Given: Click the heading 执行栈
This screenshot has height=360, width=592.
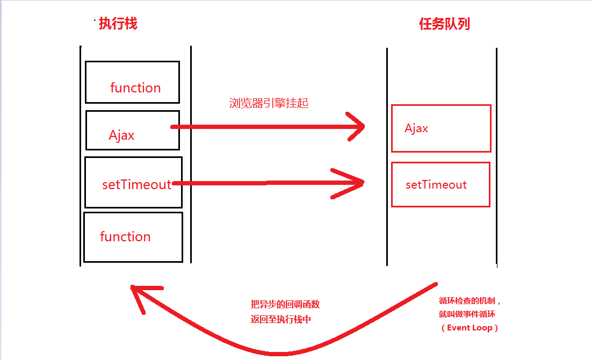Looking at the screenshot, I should point(118,24).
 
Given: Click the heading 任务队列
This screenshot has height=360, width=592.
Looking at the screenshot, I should point(444,24).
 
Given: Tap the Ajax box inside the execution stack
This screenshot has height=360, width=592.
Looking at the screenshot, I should point(132,131).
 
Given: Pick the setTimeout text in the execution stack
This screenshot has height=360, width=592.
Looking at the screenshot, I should point(136,185).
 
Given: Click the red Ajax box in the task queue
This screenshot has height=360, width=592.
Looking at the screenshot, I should point(441,128).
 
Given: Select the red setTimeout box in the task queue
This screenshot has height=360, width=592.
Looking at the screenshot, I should point(441,184).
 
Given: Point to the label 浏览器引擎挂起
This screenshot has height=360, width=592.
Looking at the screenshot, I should point(269,104).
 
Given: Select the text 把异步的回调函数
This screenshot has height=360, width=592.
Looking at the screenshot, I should point(285,304).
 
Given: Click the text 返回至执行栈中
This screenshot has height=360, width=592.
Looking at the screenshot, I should point(281,319).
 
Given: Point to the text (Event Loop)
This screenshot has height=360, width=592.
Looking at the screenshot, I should point(470,328).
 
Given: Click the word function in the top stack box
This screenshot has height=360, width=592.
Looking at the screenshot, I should point(135,88).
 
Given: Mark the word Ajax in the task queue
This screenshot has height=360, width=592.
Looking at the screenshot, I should point(416,128).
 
